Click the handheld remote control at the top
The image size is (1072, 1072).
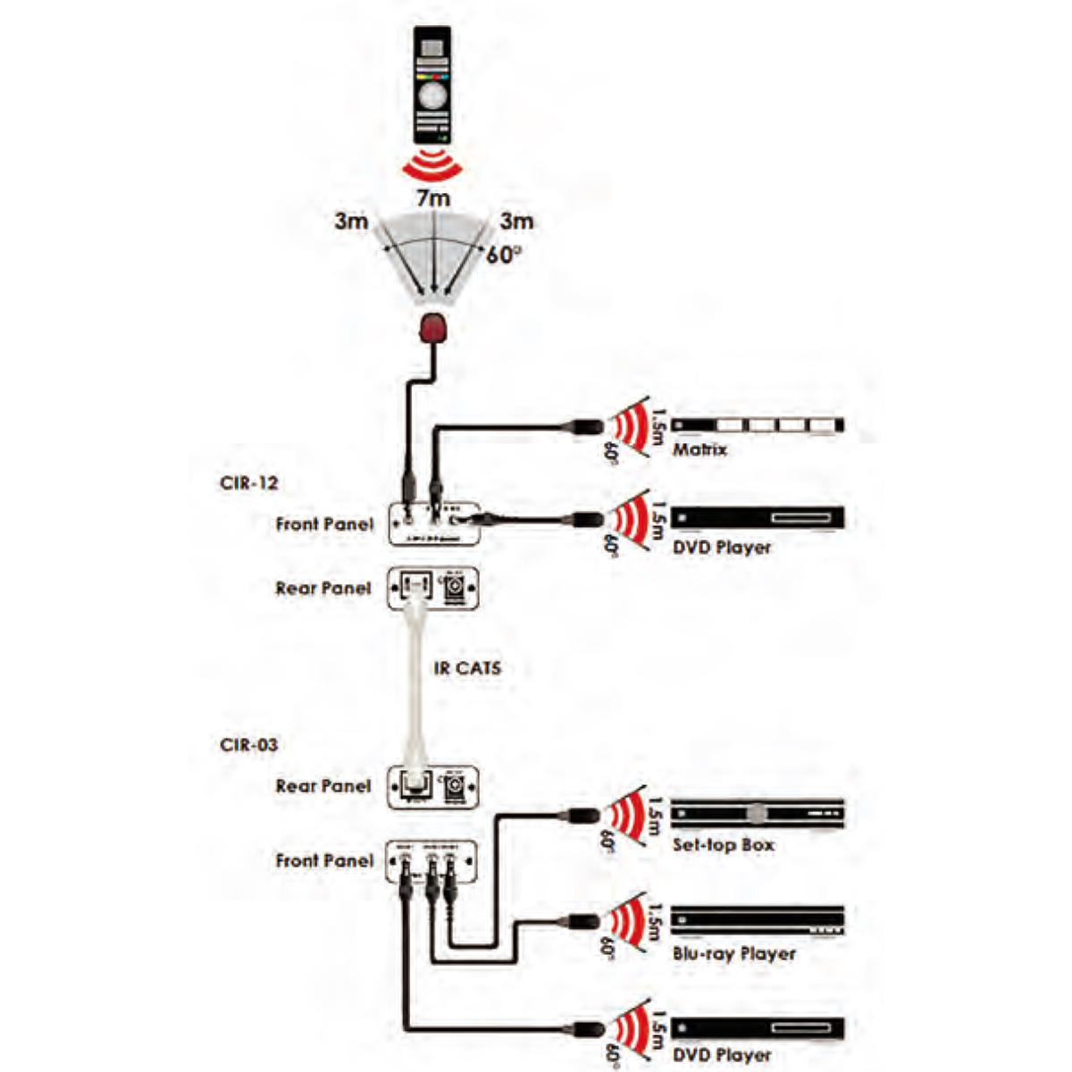click(x=434, y=88)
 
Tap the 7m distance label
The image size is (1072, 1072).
click(x=433, y=198)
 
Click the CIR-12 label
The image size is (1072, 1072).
click(x=248, y=483)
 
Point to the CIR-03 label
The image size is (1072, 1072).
click(x=248, y=745)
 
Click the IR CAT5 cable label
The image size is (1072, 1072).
click(x=467, y=667)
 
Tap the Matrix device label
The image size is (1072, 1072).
click(x=699, y=449)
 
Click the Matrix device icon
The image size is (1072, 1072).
click(x=757, y=425)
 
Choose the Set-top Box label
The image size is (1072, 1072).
click(x=724, y=844)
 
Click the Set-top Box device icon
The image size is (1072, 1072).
click(x=757, y=813)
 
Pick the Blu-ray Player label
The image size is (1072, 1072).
click(x=733, y=954)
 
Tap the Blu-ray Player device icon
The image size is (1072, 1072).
click(x=757, y=922)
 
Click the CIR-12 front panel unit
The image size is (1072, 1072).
click(x=435, y=522)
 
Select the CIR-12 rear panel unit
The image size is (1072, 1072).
click(x=433, y=588)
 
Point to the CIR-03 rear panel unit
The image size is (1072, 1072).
click(x=433, y=787)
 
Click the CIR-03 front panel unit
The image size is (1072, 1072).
click(x=433, y=862)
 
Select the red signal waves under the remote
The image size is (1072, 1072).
click(x=433, y=166)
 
